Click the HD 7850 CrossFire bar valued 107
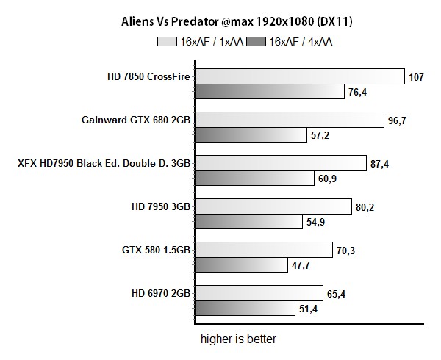[x=299, y=76]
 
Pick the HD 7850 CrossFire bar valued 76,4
[x=269, y=92]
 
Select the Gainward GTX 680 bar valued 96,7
[x=289, y=120]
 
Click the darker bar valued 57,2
[x=250, y=135]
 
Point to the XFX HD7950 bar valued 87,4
[x=280, y=163]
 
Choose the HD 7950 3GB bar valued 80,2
[x=273, y=206]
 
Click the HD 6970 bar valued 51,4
[x=244, y=309]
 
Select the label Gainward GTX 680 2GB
[x=137, y=119]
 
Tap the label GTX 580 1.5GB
[x=156, y=250]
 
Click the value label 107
[x=417, y=76]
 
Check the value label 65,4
[x=337, y=294]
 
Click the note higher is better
[x=240, y=340]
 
